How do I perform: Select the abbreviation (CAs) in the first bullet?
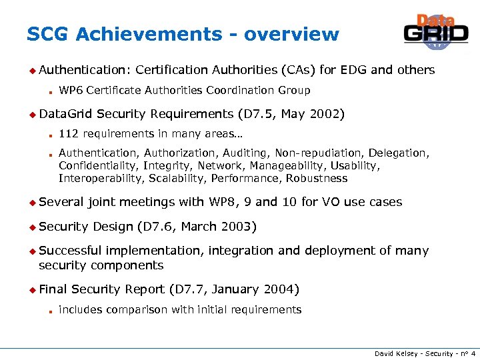coord(298,70)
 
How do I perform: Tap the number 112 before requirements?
coord(69,134)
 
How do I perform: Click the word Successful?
coord(70,251)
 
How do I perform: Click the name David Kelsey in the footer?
coord(395,353)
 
